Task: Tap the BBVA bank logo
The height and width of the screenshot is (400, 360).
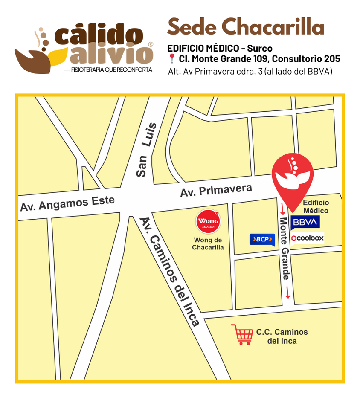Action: click(305, 222)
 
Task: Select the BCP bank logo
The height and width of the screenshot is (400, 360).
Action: click(262, 239)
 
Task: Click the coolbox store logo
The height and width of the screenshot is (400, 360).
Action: click(308, 238)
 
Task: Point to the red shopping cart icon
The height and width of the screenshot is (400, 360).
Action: click(242, 334)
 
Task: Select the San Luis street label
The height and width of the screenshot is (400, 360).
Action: click(144, 150)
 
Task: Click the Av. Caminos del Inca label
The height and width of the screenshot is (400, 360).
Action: click(170, 272)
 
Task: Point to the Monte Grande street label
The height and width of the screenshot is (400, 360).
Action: click(285, 248)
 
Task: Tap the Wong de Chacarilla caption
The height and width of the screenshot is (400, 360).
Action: click(208, 244)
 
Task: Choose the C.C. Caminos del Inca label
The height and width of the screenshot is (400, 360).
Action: click(282, 336)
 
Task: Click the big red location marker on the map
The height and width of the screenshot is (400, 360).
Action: click(292, 175)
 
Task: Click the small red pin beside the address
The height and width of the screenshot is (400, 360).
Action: click(172, 59)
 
